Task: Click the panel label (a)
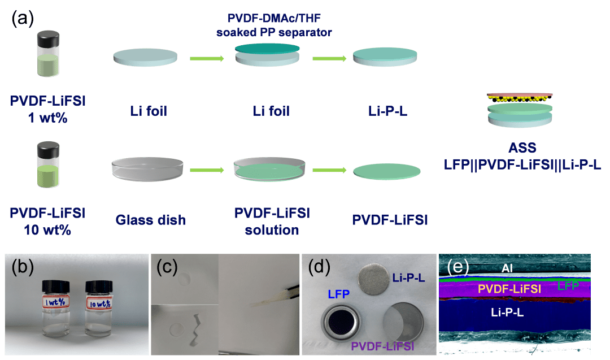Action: (23, 18)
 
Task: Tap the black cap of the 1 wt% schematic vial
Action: (48, 40)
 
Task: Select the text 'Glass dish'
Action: (151, 220)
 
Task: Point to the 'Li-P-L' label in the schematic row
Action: (387, 111)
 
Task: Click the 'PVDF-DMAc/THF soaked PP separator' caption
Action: (274, 25)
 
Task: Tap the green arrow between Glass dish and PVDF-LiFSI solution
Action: (207, 170)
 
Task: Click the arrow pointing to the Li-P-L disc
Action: (329, 59)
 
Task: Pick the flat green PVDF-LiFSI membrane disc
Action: (387, 172)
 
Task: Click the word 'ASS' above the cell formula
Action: (522, 148)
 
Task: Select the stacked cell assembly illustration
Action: (520, 110)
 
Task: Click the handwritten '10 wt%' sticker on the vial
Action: (99, 303)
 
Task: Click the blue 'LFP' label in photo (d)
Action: (338, 294)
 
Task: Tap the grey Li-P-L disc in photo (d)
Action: (373, 279)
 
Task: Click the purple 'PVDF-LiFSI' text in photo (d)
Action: (382, 346)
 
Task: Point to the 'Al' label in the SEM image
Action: (507, 268)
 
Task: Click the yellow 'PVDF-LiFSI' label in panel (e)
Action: (509, 289)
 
